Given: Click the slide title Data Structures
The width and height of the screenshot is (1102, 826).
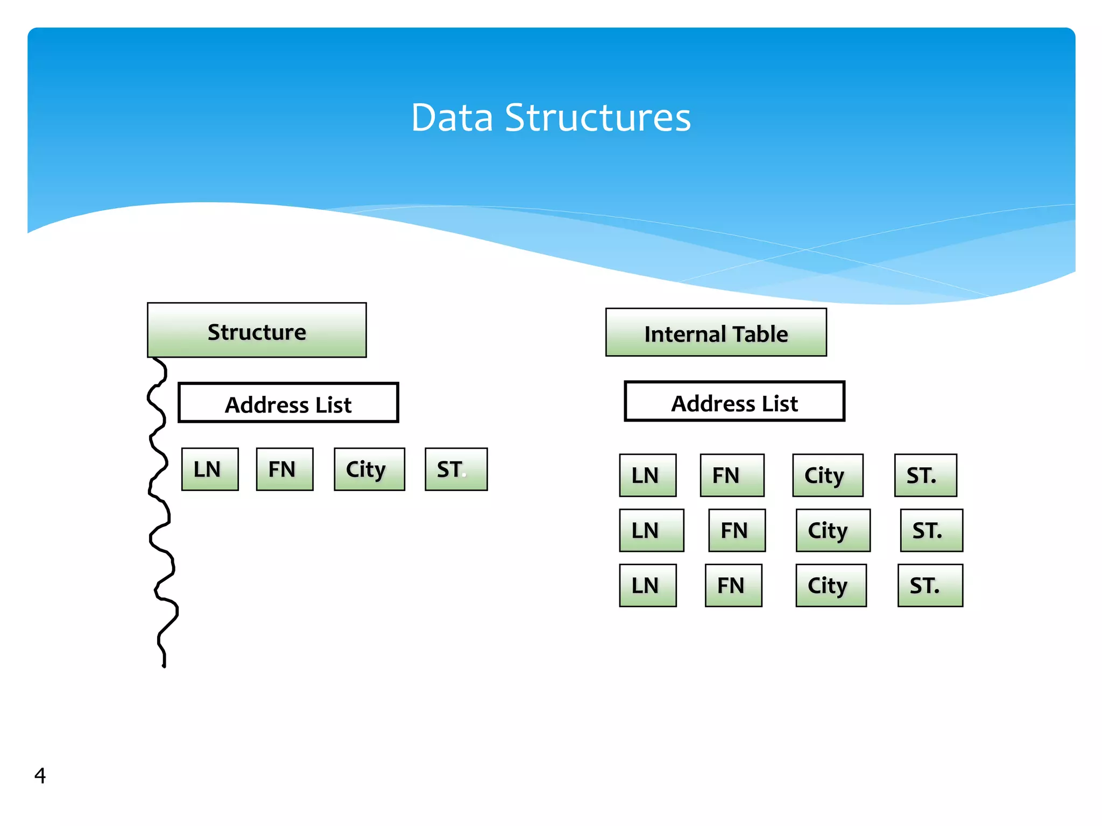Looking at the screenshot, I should point(550,117).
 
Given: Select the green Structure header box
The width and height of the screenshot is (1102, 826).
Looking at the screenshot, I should point(257,330).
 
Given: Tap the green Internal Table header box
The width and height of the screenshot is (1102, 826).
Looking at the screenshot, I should point(716,332).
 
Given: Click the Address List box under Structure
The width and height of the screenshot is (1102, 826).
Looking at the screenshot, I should point(288,403).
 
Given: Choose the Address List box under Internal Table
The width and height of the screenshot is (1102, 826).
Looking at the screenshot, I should point(734,402).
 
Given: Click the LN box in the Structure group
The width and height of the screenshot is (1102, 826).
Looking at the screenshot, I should point(210,469).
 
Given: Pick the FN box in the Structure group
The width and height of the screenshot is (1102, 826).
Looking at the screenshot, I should point(285,469).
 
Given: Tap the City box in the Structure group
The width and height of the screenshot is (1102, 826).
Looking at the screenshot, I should point(369,469).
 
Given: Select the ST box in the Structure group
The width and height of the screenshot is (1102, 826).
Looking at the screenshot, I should point(456,469).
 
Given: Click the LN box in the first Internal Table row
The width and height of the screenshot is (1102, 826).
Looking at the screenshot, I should point(647,475).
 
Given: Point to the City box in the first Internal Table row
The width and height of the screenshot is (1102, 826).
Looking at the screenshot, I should point(828,475).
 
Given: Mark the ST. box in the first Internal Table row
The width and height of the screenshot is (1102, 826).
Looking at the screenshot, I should point(926,475).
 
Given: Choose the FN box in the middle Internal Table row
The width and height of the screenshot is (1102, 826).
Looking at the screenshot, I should point(737,531).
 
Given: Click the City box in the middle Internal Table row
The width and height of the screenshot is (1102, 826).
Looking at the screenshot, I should point(833,531).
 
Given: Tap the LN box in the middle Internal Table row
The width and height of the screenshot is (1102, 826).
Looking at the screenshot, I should point(651,531).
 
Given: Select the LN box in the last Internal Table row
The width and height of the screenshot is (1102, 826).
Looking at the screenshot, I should point(647,586).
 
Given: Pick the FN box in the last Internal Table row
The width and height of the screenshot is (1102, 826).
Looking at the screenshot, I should point(733,586).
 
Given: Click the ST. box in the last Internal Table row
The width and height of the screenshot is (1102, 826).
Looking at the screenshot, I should point(930,586).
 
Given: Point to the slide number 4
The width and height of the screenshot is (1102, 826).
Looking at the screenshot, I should point(40,775).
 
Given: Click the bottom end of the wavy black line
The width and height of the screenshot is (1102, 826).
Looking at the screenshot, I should point(164,666).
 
